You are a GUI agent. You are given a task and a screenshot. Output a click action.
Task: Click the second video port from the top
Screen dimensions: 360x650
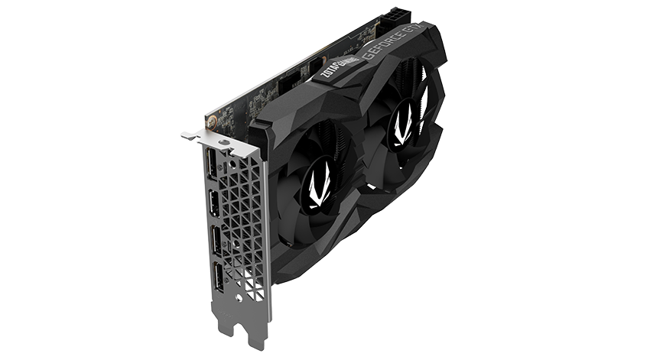tap(213, 205)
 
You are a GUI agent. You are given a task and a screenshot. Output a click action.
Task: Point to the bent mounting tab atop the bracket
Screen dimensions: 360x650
tap(194, 135)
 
